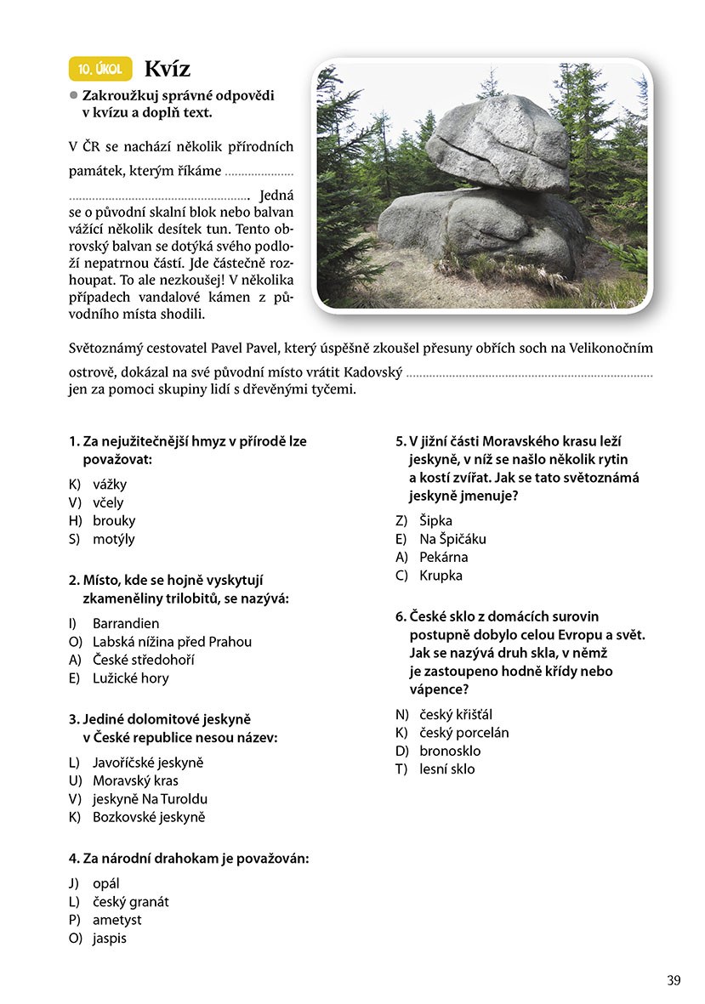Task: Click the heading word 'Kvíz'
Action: pos(168,69)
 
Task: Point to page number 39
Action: pos(674,980)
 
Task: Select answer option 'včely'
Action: pos(108,502)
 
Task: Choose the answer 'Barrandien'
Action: pos(126,623)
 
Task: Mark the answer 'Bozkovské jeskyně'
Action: pos(149,817)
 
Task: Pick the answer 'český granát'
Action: pos(130,901)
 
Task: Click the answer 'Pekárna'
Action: pos(443,557)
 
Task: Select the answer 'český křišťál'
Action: pos(456,714)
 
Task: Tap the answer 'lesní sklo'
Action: pos(446,769)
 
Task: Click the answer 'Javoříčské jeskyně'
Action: pos(148,763)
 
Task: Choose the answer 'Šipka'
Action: pos(435,520)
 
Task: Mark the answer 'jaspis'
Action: pos(109,938)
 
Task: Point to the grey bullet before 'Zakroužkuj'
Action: pos(74,96)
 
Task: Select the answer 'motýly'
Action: pos(113,538)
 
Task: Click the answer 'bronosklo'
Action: pos(450,751)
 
